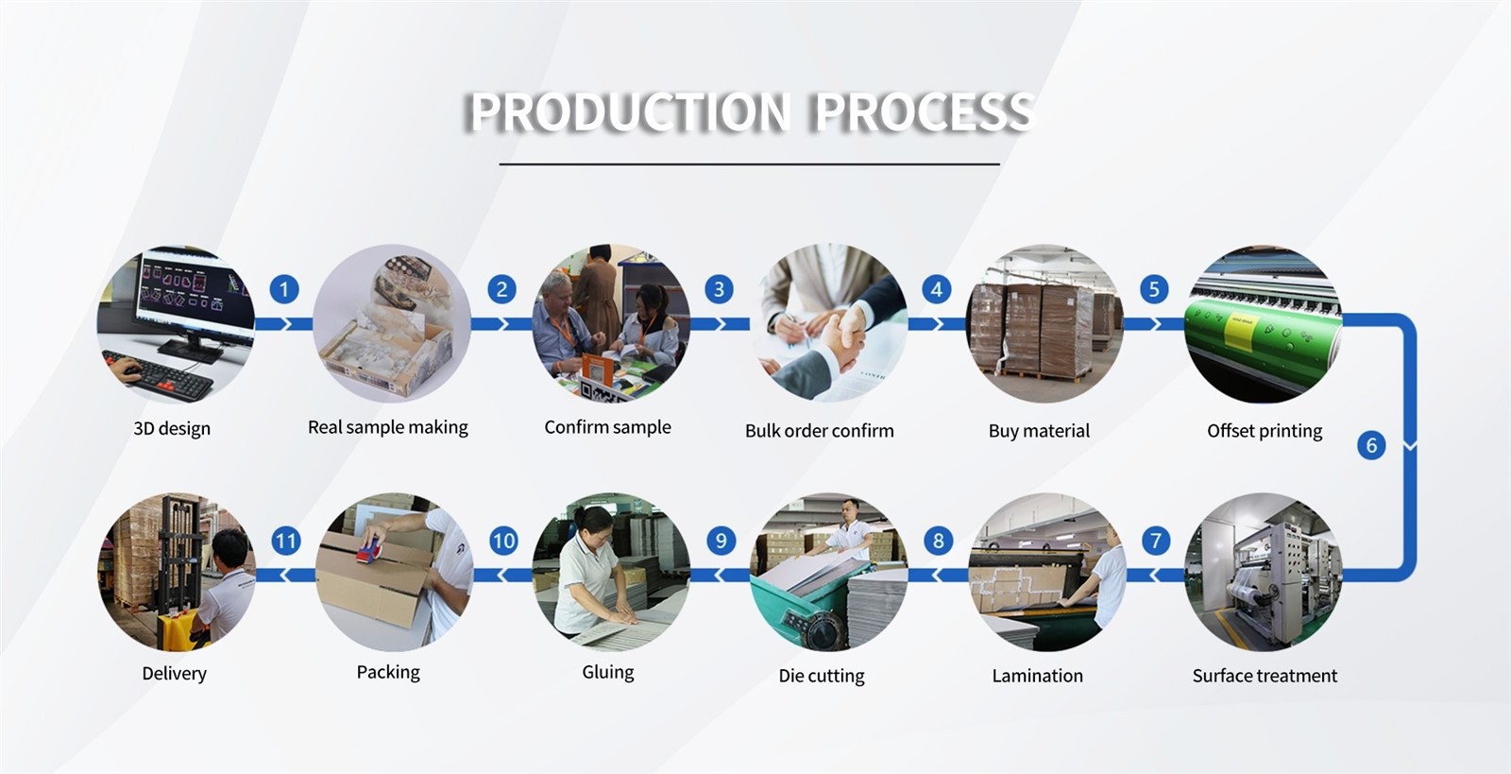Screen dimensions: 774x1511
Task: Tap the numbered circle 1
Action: click(284, 289)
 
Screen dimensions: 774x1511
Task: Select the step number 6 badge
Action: click(1371, 445)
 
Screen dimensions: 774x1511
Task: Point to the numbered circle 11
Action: click(285, 541)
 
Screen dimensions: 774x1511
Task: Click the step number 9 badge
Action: click(721, 541)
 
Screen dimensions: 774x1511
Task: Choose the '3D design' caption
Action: click(172, 428)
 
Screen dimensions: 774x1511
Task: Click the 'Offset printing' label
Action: click(1264, 431)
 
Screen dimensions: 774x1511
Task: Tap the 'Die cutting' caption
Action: click(821, 676)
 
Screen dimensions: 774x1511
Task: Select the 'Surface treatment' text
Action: click(1264, 676)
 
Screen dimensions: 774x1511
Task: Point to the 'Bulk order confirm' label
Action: click(819, 431)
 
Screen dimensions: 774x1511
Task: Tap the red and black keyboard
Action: click(165, 372)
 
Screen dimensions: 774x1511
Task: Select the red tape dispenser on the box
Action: click(374, 549)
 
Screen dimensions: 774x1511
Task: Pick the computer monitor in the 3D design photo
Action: click(194, 293)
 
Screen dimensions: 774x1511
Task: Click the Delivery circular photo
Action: click(177, 571)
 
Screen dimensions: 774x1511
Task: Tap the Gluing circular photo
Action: click(610, 571)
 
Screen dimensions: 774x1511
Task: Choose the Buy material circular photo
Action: click(1044, 323)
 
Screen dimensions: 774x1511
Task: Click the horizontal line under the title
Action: click(749, 164)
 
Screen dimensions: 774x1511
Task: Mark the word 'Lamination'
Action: click(1037, 676)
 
